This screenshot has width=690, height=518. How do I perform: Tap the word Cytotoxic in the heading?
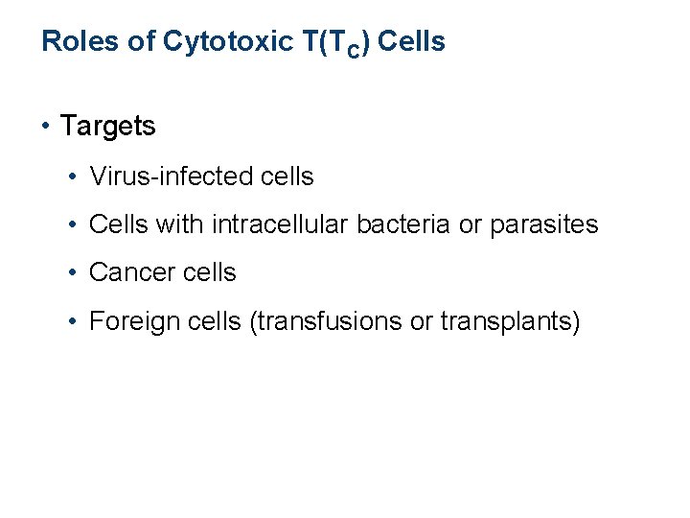coord(213,42)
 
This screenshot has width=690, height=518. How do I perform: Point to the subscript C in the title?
coord(354,51)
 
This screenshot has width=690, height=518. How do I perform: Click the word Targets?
coord(107,126)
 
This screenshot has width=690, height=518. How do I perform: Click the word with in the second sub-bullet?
coord(179,224)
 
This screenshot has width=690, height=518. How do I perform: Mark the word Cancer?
coord(123,272)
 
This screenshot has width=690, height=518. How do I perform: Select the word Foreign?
coord(126,320)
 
